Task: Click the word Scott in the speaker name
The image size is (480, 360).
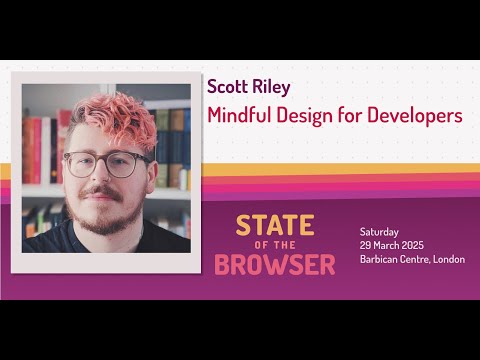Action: pyautogui.click(x=227, y=87)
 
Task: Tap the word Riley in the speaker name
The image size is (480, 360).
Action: pyautogui.click(x=271, y=87)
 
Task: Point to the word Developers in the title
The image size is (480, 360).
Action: pyautogui.click(x=415, y=116)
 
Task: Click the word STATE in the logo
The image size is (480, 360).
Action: pyautogui.click(x=275, y=225)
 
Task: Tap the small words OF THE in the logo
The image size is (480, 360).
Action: pyautogui.click(x=275, y=245)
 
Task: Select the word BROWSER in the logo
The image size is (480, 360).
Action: pyautogui.click(x=275, y=265)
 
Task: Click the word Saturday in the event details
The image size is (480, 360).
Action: pyautogui.click(x=379, y=232)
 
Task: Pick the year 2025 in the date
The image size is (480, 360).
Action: pyautogui.click(x=413, y=246)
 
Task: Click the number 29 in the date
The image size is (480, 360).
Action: pyautogui.click(x=365, y=246)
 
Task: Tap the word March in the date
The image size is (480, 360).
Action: pyautogui.click(x=386, y=246)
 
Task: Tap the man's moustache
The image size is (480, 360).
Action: pyautogui.click(x=101, y=192)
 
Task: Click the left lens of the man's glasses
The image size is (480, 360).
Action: pyautogui.click(x=80, y=165)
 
